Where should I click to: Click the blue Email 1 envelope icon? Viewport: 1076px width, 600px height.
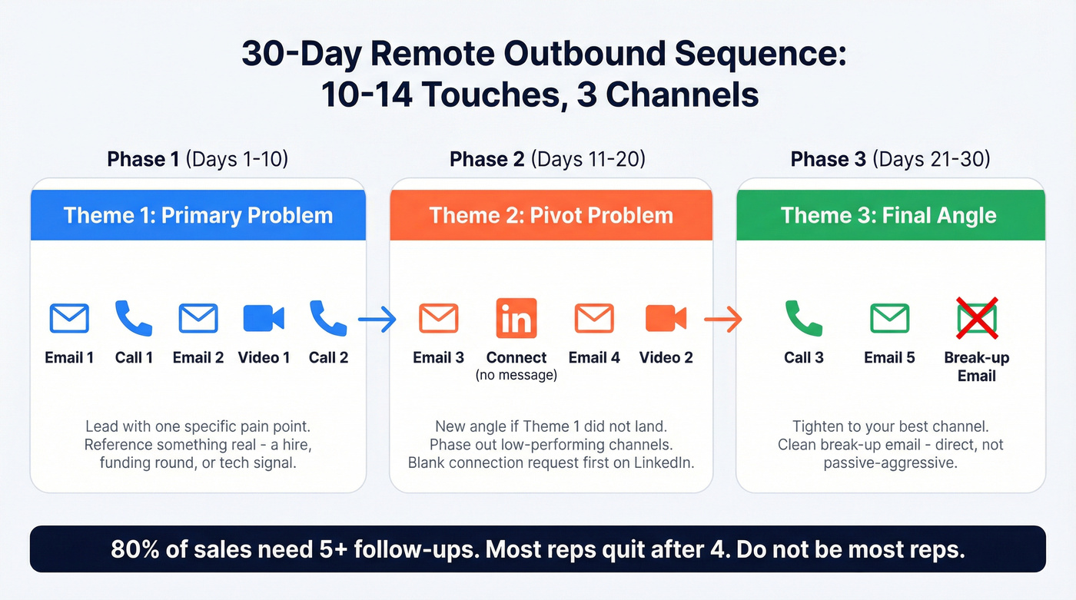(69, 318)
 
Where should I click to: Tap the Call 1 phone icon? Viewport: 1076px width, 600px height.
(134, 318)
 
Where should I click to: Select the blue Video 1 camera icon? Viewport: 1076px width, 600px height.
(264, 318)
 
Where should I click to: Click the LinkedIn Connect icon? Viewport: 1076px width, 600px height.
(516, 318)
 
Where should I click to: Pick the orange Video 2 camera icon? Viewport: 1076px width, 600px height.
(666, 318)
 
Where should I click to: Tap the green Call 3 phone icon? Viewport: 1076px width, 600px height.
(804, 318)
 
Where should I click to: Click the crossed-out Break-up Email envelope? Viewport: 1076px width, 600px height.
(976, 318)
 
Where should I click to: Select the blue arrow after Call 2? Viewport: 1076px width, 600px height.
(377, 319)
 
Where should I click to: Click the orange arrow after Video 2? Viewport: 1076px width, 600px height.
(723, 319)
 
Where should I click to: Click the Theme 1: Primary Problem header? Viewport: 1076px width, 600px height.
(198, 215)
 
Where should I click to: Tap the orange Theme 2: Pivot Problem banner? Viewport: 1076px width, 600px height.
(551, 215)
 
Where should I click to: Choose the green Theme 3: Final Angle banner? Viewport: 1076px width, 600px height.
(889, 215)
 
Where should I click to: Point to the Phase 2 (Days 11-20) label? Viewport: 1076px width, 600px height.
(547, 159)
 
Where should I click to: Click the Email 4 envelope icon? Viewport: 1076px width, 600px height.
(594, 318)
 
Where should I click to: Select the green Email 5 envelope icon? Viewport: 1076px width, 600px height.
(889, 318)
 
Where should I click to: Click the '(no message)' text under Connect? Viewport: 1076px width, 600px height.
(516, 376)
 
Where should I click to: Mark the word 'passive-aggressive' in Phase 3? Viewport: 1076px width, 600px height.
(889, 463)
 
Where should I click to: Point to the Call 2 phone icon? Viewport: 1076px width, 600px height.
(328, 318)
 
